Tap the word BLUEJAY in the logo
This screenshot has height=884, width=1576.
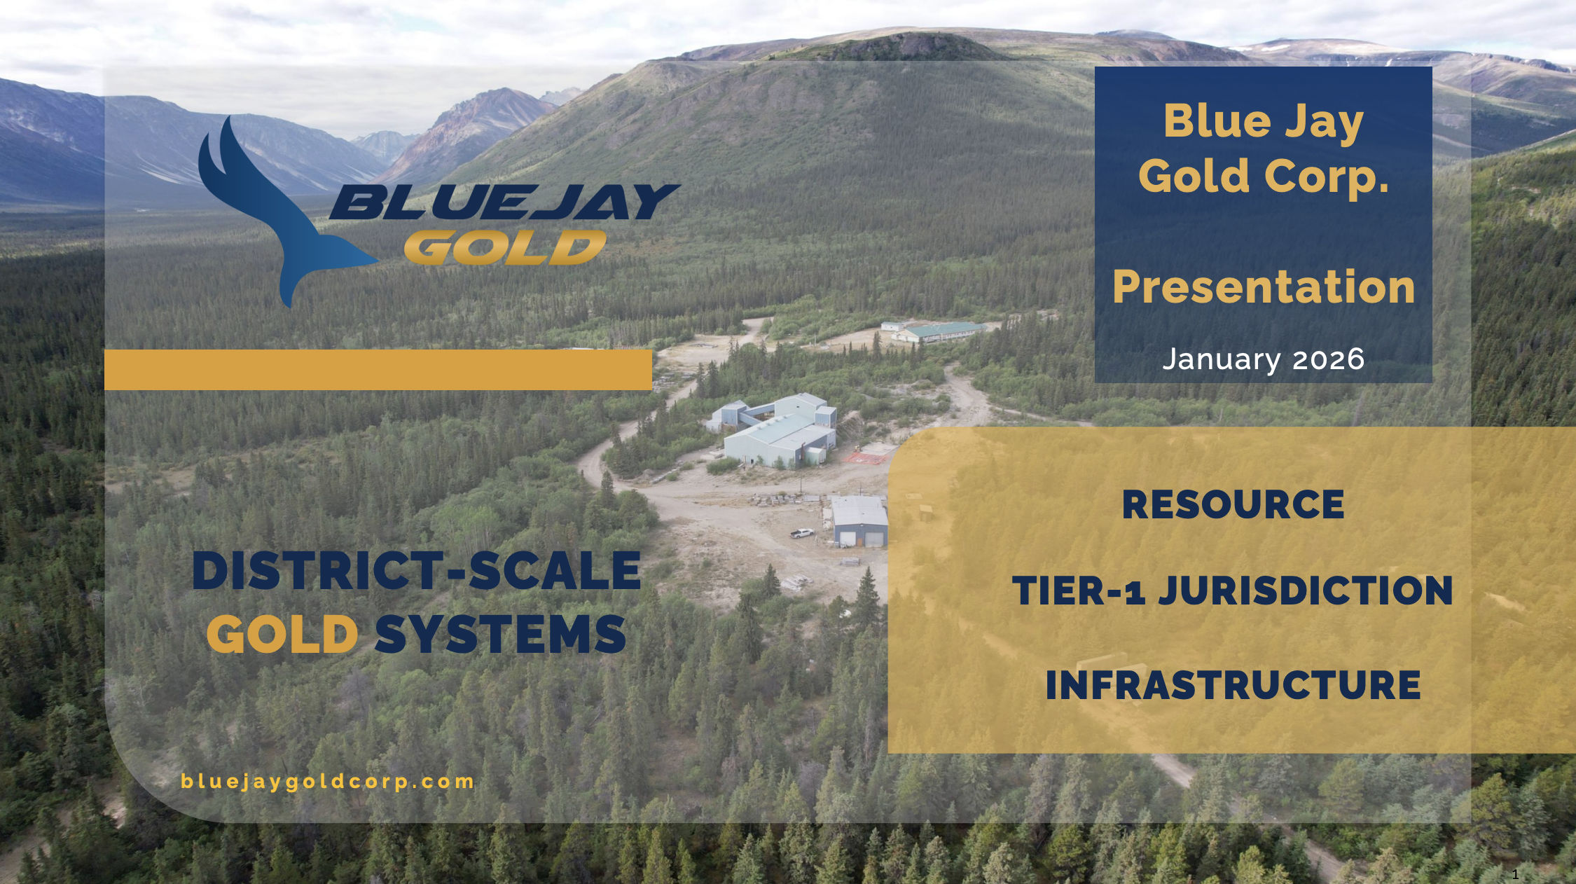[x=504, y=202]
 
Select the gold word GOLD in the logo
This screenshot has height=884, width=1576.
[x=505, y=247]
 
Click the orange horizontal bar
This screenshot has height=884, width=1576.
[x=378, y=370]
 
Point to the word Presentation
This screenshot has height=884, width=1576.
[x=1264, y=286]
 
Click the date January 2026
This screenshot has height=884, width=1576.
[x=1264, y=359]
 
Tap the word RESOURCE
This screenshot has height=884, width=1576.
[x=1233, y=504]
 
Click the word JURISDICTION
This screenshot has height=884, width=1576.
[x=1306, y=591]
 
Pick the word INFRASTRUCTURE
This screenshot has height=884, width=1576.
[x=1233, y=684]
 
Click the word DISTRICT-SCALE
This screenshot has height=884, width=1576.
[x=417, y=571]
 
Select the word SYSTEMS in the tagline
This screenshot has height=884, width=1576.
[x=500, y=635]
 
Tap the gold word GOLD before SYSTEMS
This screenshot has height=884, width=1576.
[x=282, y=635]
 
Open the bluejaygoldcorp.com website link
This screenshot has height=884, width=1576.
[x=327, y=782]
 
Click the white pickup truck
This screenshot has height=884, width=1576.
[x=803, y=533]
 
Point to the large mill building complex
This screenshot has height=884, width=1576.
[x=777, y=431]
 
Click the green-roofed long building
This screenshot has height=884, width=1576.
[x=939, y=331]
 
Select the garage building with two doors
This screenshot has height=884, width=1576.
[x=859, y=522]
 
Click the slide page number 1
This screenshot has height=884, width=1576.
[x=1515, y=874]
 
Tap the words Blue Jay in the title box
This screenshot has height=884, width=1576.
[x=1264, y=121]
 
